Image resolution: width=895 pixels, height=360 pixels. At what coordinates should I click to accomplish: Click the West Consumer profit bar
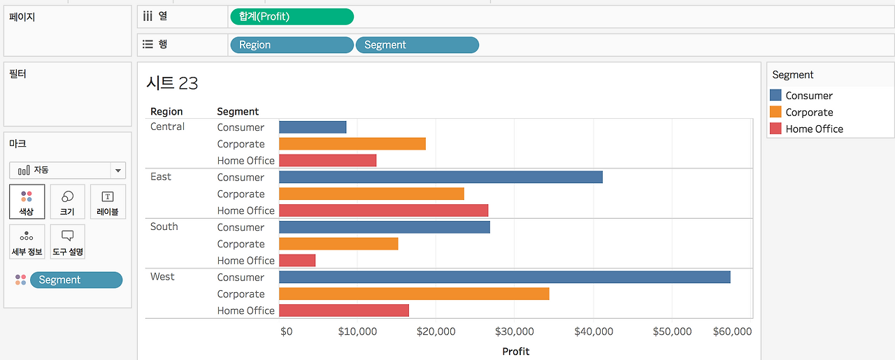[x=505, y=278]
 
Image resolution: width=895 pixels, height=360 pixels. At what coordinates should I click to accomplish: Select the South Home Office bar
[x=297, y=261]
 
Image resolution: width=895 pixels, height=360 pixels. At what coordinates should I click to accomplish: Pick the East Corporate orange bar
[x=371, y=194]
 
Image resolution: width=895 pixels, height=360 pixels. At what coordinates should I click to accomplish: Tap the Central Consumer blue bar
[x=313, y=127]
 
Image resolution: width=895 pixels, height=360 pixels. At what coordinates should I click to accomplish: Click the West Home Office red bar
[x=344, y=310]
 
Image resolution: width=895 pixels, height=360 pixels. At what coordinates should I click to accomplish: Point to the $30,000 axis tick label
[x=514, y=331]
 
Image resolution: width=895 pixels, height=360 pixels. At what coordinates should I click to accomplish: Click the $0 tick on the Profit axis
[x=287, y=331]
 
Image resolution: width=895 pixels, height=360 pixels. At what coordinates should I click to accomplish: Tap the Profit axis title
[x=515, y=351]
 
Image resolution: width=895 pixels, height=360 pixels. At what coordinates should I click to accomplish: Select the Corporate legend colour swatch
[x=775, y=112]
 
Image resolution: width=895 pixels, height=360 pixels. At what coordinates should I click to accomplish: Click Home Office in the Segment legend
[x=814, y=129]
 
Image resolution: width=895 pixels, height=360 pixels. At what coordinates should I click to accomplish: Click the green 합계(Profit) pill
[x=292, y=17]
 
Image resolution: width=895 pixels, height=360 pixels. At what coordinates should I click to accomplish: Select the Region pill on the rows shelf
[x=292, y=45]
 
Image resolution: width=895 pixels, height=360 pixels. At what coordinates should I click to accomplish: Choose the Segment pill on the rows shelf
[x=417, y=45]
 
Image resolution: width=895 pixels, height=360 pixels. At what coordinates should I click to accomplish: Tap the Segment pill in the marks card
[x=76, y=280]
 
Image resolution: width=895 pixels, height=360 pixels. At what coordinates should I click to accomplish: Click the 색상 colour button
[x=27, y=201]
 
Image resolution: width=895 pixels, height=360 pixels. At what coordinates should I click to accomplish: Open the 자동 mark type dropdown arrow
[x=118, y=171]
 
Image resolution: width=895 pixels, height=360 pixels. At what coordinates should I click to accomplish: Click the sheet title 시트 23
[x=172, y=83]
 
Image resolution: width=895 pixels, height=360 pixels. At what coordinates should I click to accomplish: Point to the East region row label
[x=161, y=177]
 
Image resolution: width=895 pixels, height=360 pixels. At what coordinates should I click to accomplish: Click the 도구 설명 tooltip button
[x=68, y=241]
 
